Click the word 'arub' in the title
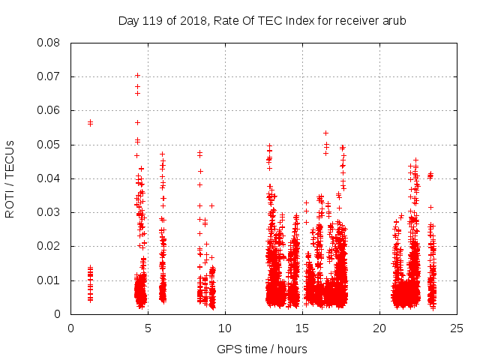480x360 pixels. [393, 20]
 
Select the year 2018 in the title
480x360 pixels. [193, 20]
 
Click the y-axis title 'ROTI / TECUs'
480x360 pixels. [10, 178]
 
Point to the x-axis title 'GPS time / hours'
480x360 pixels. [262, 349]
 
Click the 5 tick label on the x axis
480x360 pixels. [148, 328]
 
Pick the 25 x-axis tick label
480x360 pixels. [457, 328]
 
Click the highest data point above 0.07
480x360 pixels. [137, 75]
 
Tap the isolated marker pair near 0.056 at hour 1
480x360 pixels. [90, 122]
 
